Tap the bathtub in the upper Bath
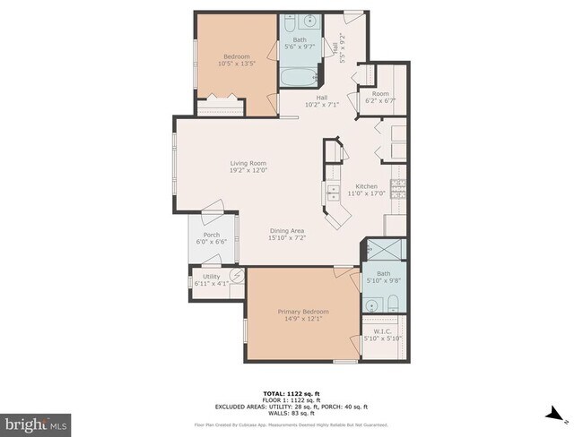296,78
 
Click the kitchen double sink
334,192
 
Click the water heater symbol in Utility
237,277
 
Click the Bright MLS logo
36,421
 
